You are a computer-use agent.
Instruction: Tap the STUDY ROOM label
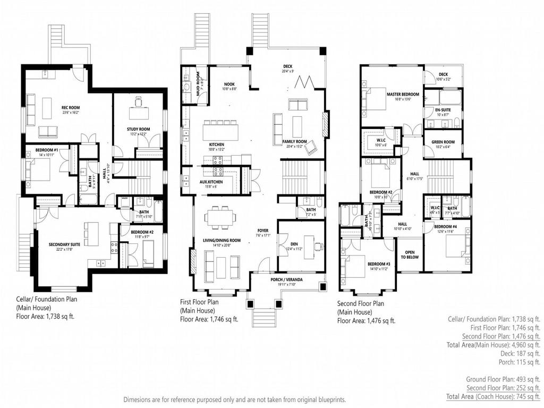pyautogui.click(x=138, y=129)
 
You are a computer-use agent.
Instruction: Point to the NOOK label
pyautogui.click(x=229, y=84)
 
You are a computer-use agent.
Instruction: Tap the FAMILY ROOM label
pyautogui.click(x=296, y=141)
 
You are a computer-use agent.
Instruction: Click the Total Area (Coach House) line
pyautogui.click(x=494, y=396)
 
